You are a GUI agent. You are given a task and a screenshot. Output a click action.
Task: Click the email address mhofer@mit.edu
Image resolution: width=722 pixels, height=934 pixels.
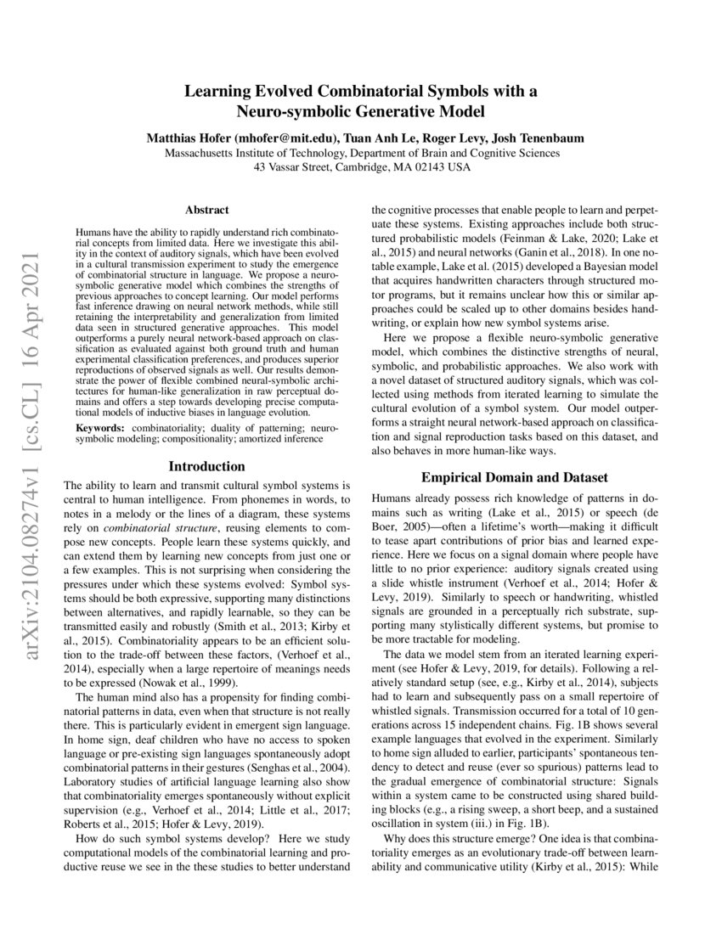point(285,138)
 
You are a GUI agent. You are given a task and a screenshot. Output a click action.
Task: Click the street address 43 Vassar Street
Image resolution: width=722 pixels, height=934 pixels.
point(295,167)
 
